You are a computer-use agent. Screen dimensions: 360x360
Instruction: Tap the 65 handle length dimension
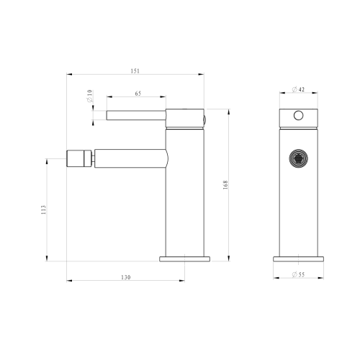(x=137, y=94)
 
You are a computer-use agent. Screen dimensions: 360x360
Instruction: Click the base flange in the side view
(x=185, y=257)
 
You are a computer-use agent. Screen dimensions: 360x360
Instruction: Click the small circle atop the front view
(x=297, y=115)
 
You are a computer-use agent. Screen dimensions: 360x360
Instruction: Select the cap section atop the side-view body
(x=185, y=118)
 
